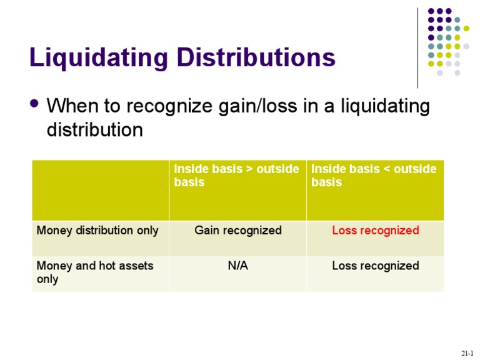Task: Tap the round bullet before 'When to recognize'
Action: click(x=34, y=104)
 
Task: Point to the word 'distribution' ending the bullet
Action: click(x=95, y=130)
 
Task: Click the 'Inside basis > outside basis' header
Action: click(x=236, y=176)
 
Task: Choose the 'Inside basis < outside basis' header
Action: click(x=374, y=176)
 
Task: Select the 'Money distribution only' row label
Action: click(x=97, y=231)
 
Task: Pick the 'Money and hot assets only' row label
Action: click(x=95, y=272)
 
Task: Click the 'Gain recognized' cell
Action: click(x=238, y=231)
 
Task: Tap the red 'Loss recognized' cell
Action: click(x=376, y=231)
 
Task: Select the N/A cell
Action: click(x=238, y=266)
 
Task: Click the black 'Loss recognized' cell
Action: click(x=376, y=266)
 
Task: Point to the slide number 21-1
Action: click(x=467, y=354)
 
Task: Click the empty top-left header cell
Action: click(x=100, y=189)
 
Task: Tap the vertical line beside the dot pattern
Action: click(x=417, y=47)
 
